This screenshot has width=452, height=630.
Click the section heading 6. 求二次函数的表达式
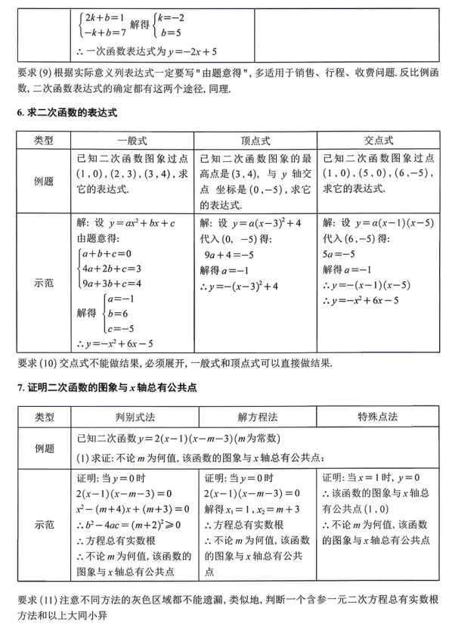[x=67, y=112]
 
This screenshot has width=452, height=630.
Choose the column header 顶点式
[x=255, y=141]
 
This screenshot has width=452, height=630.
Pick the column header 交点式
[x=378, y=141]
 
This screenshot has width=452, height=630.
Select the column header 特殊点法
[x=378, y=417]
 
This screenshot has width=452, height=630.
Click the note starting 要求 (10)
[x=174, y=362]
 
